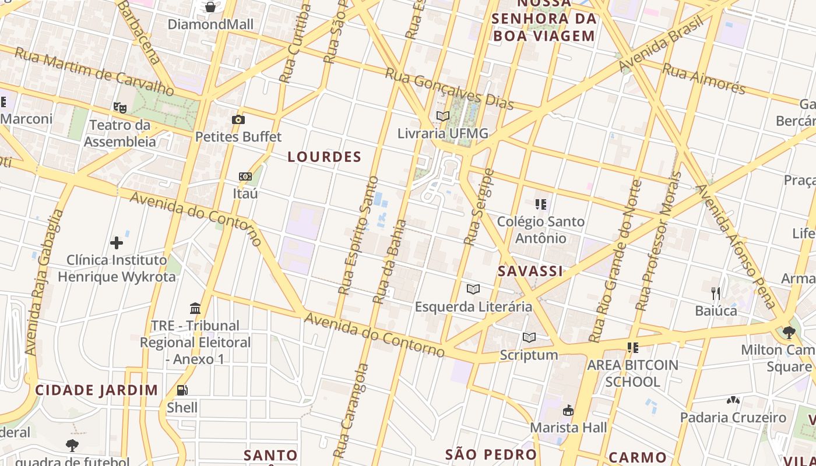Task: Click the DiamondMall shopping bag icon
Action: coord(210,7)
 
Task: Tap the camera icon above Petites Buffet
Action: coord(238,120)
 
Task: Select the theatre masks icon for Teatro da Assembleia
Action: coord(120,107)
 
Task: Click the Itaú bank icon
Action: coord(245,176)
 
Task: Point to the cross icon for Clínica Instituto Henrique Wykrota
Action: coord(117,242)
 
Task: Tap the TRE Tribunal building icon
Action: coord(195,308)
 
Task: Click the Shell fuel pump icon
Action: coord(182,390)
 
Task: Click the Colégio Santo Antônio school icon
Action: coord(540,204)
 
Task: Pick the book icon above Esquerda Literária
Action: coord(473,289)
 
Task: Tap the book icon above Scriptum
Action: coord(529,337)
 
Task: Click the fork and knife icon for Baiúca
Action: coord(716,293)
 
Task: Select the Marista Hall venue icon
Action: coord(568,411)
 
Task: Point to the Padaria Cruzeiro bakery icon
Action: coord(733,401)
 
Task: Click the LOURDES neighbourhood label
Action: coord(325,157)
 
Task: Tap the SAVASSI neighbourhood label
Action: coord(530,271)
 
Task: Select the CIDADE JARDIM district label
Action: coord(96,390)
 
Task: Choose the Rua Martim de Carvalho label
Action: coord(94,72)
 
